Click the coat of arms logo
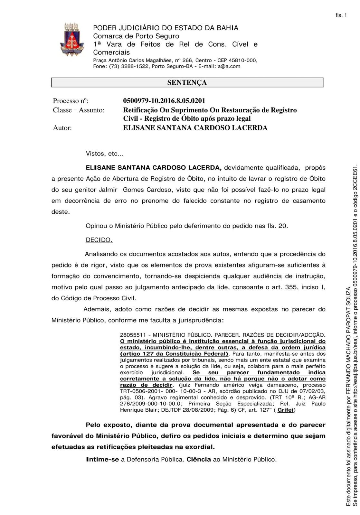click(71, 40)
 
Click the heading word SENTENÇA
click(187, 82)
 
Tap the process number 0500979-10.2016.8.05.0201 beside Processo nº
click(164, 101)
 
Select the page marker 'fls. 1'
click(341, 15)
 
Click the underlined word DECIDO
click(99, 240)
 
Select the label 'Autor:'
click(62, 128)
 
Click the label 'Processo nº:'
click(71, 101)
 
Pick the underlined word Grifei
click(286, 410)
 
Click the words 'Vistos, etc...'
click(104, 154)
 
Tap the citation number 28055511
click(132, 335)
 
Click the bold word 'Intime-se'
click(102, 459)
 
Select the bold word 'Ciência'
click(199, 459)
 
